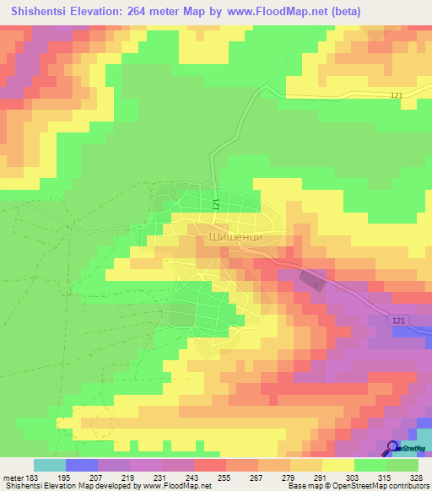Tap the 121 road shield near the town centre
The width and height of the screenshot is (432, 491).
pos(217,204)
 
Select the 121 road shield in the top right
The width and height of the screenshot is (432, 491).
pos(396,96)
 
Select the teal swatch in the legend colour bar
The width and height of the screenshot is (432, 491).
pos(50,465)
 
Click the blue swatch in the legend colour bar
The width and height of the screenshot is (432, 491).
pos(82,465)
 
